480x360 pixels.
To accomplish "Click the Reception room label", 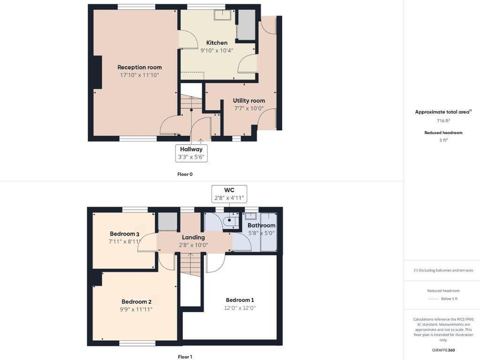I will coord(139,67).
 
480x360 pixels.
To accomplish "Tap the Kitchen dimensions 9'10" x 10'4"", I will coord(217,50).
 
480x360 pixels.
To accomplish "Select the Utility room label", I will coord(249,100).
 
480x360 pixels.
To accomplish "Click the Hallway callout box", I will coord(191,153).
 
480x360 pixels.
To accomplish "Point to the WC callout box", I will coord(229,194).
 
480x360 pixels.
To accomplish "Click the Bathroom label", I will coord(261,225).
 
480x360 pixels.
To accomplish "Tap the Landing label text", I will coord(193,237).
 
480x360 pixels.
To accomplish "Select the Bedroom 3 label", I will coord(124,234).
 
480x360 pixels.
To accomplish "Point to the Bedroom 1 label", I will coord(240,300).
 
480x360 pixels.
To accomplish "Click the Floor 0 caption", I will coord(185,174).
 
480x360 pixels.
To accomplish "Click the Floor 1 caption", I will coord(185,357).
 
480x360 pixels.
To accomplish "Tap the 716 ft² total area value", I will coord(443,120).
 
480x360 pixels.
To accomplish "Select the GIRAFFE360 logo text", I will coord(443,350).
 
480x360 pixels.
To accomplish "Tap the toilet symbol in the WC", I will coord(230,220).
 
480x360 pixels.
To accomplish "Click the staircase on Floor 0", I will coord(191,105).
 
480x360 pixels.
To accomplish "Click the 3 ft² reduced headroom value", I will coord(443,140).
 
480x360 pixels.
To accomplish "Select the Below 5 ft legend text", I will coord(449,299).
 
